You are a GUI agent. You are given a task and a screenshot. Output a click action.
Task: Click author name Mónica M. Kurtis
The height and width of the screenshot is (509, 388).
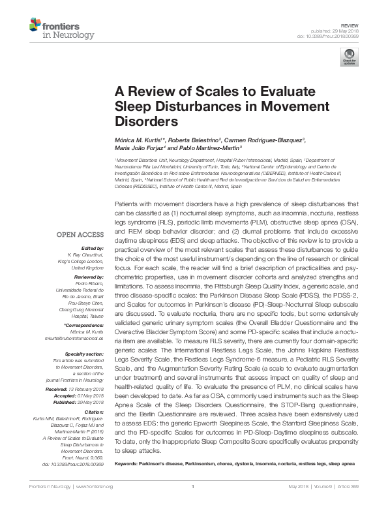pyautogui.click(x=139, y=140)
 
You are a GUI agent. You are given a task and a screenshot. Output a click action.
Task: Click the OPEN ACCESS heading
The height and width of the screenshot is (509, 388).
pyautogui.click(x=80, y=234)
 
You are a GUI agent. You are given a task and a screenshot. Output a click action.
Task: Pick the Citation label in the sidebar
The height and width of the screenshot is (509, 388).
pyautogui.click(x=95, y=412)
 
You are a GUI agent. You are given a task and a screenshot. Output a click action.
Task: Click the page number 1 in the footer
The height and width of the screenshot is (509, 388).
pyautogui.click(x=194, y=504)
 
